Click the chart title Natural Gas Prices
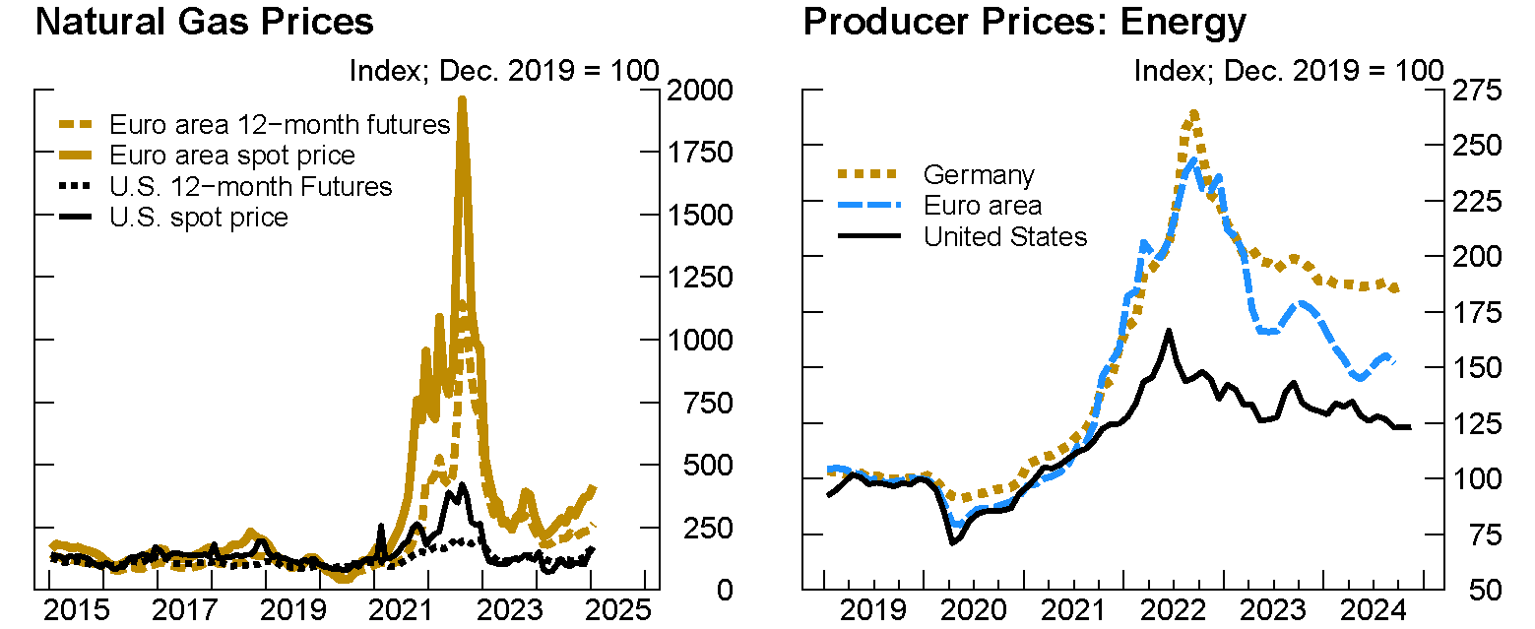point(204,22)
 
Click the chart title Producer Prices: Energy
point(1025,22)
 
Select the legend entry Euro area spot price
point(231,156)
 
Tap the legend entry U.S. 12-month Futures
point(250,186)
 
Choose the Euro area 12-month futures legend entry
point(279,125)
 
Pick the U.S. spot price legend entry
point(199,217)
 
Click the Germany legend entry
point(979,175)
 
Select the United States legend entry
point(1004,236)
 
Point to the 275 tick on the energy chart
point(1474,91)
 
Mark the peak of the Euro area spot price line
point(462,99)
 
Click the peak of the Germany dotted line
point(1193,113)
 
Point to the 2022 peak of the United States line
point(1169,332)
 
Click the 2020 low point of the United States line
point(952,542)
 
